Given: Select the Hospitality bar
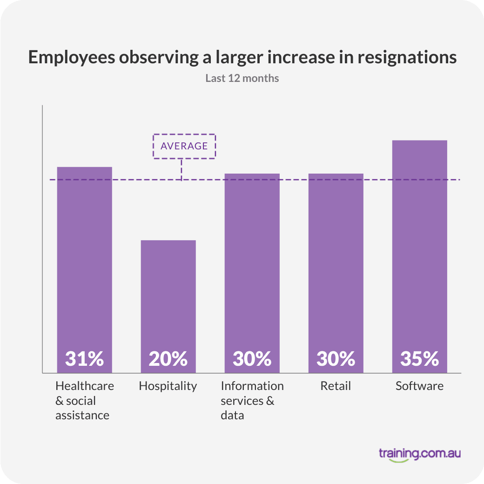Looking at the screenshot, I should [x=168, y=298].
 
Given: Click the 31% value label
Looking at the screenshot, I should [x=84, y=359].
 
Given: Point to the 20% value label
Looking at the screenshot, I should [x=168, y=359].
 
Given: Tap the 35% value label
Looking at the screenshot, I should [x=419, y=359].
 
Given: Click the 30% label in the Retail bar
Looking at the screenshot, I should [x=336, y=359].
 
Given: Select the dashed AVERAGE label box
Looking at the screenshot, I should [x=184, y=146].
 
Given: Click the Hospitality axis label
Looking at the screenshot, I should [x=168, y=386].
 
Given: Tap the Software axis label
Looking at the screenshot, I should [x=419, y=386].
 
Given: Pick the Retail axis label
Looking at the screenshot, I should [x=336, y=386].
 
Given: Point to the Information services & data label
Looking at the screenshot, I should [x=252, y=400].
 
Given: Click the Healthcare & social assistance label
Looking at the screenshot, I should [x=84, y=400].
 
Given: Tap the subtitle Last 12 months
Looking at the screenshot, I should [x=242, y=78].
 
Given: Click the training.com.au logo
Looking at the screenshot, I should [x=419, y=453].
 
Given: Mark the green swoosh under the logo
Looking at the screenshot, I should [x=399, y=461].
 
